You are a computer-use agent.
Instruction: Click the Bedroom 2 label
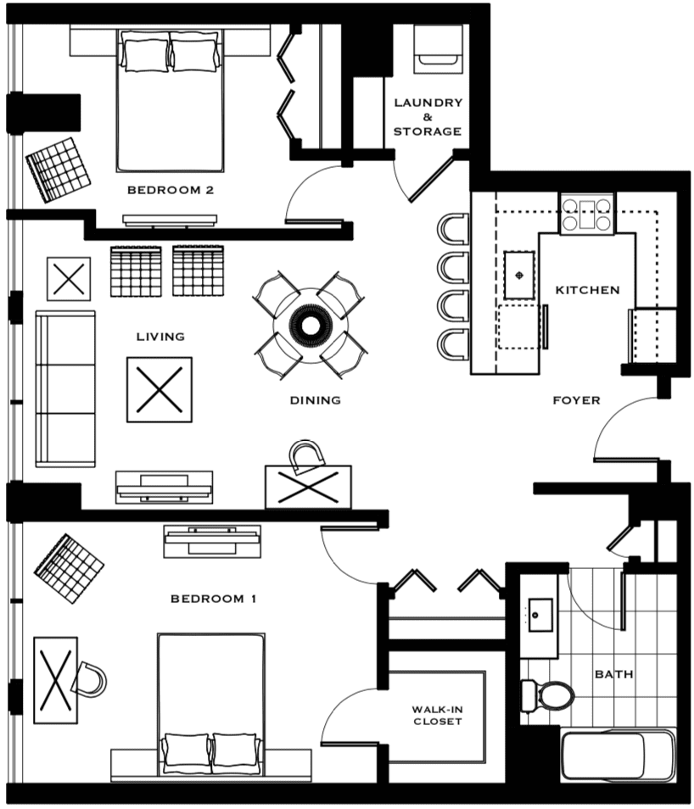click(171, 190)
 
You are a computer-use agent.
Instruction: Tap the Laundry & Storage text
click(428, 117)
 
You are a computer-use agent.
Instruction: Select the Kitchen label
click(588, 290)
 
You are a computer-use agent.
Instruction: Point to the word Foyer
click(576, 400)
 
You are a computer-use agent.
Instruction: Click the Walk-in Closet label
click(438, 716)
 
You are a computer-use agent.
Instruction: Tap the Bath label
click(614, 674)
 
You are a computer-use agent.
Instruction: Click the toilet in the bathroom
click(547, 695)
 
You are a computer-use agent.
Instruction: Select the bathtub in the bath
click(618, 756)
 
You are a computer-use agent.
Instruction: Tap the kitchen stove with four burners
click(587, 214)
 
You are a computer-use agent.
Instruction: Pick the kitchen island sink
click(519, 275)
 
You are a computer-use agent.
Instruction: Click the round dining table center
click(310, 326)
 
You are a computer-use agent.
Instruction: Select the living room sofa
click(65, 389)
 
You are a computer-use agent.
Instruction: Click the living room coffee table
click(160, 389)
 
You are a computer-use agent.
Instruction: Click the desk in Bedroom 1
click(56, 680)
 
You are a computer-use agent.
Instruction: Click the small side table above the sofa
click(69, 279)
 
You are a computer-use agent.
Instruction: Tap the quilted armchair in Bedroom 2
click(58, 170)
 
